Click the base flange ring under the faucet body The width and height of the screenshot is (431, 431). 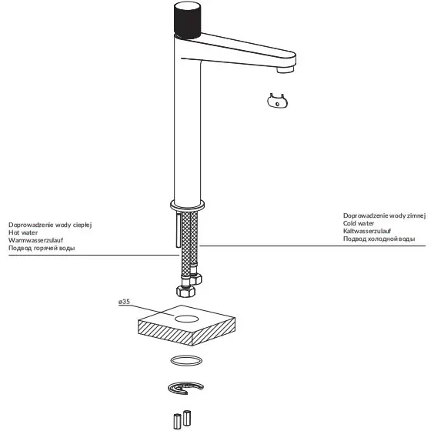185,205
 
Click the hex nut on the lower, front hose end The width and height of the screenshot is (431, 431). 185,291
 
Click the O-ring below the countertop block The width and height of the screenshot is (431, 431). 185,361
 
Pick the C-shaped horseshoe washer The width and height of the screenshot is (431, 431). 185,389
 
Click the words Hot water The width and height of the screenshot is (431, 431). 23,232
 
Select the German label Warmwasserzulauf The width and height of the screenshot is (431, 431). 35,240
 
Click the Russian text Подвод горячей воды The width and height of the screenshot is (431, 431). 43,249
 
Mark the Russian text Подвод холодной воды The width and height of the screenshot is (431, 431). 379,240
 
